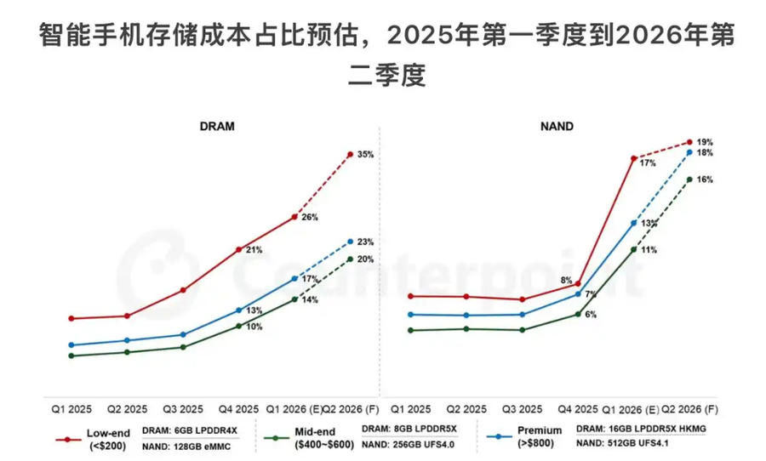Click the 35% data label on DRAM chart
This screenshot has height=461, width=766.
366,155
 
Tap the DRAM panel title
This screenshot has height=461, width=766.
217,126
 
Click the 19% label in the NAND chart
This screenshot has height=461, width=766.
705,141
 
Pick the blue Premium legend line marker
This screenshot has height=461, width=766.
496,438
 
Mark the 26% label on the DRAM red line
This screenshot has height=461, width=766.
310,217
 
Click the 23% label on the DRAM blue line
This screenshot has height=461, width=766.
366,242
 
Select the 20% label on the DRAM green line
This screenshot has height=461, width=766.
366,259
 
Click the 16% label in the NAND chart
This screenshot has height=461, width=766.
705,179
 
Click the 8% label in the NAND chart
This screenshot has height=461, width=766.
566,281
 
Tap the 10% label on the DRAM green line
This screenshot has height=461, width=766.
254,327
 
